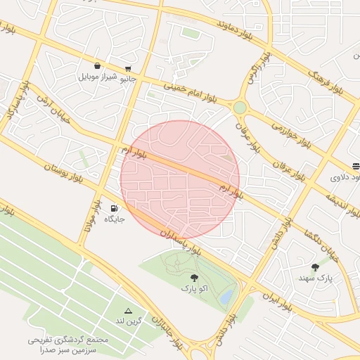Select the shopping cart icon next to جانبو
128,68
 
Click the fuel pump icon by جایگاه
113,208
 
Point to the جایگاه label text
115,219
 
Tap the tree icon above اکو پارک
194,278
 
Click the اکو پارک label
194,288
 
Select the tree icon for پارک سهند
315,267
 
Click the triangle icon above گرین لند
128,310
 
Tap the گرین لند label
129,321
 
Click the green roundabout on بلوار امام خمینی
240,108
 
